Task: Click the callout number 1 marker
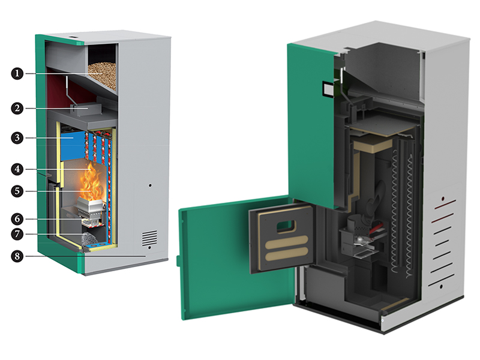[x=17, y=73]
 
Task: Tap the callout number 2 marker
[x=17, y=109]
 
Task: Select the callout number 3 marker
[x=17, y=138]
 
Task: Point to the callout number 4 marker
[x=17, y=169]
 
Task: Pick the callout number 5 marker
[x=17, y=191]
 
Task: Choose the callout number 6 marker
[x=17, y=219]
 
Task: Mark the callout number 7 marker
[x=17, y=234]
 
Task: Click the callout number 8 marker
[x=17, y=256]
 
